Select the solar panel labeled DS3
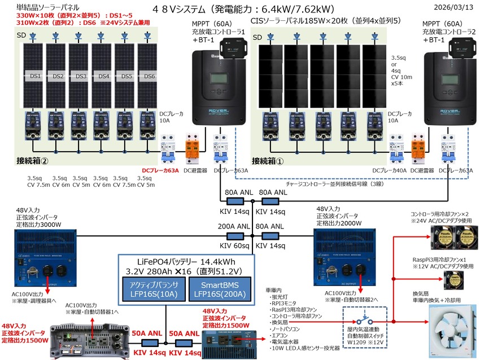[x=81, y=76]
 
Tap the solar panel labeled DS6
[x=150, y=76]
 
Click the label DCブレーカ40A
[x=390, y=170]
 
